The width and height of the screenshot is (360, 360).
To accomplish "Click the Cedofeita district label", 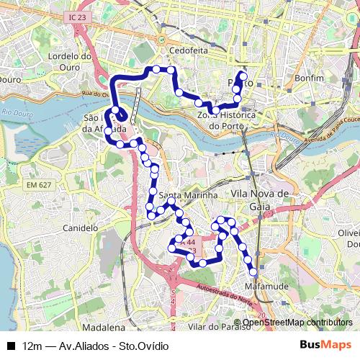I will (189, 51).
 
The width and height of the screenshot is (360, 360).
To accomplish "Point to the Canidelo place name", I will (81, 228).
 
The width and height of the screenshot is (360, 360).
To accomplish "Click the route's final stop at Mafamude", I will (254, 271).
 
